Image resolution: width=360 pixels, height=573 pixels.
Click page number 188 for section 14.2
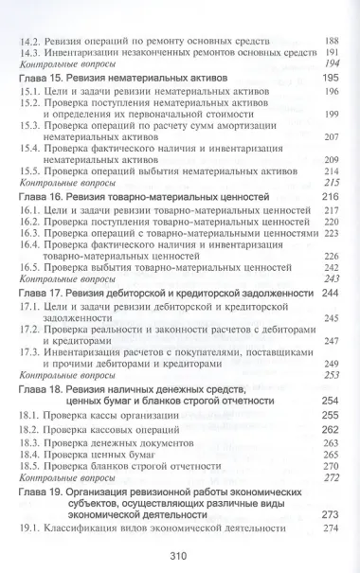(331, 41)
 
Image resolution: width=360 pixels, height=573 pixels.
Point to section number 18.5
(31, 466)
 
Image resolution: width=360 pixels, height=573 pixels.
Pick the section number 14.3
(31, 53)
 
